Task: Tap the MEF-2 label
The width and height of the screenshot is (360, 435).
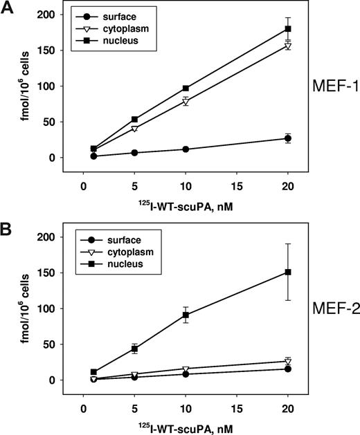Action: (334, 308)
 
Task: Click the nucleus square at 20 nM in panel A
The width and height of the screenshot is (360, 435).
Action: (288, 29)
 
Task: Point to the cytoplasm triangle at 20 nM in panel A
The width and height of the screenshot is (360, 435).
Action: (288, 46)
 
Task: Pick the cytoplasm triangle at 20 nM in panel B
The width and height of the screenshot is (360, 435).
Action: (288, 362)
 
